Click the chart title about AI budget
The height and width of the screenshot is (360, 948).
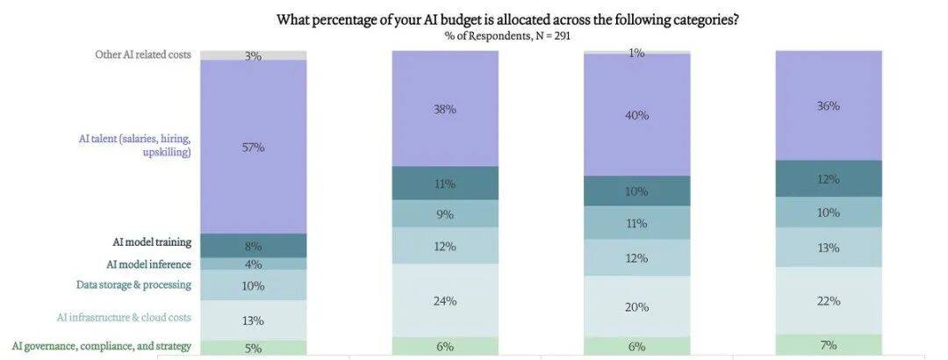click(507, 19)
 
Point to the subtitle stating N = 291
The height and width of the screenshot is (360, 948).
click(507, 36)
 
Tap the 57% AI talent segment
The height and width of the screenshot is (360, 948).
click(254, 147)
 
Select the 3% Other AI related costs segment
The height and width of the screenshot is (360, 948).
click(254, 55)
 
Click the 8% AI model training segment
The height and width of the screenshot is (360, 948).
click(254, 246)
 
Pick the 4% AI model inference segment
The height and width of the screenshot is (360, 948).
click(254, 263)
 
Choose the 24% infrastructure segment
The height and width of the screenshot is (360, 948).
click(445, 300)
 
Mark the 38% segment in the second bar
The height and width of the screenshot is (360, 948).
click(445, 109)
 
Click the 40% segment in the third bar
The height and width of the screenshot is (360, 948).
click(637, 115)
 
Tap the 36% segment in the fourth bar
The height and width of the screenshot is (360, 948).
click(829, 105)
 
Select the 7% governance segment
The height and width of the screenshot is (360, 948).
click(829, 345)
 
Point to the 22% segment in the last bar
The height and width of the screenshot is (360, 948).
click(829, 300)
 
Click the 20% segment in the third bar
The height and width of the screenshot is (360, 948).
click(637, 306)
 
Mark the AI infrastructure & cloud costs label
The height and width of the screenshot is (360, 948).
click(130, 317)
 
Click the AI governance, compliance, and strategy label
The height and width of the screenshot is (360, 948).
click(102, 346)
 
